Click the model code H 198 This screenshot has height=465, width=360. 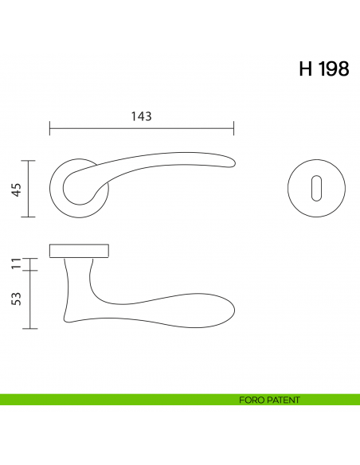point(323,69)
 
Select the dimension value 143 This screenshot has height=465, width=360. point(141,116)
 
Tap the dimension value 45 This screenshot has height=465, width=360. point(15,189)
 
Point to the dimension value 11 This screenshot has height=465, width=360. point(15,264)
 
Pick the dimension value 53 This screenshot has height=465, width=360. point(15,299)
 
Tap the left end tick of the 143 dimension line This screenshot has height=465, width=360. point(49,129)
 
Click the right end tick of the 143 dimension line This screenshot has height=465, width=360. point(233,129)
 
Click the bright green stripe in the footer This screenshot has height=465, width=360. point(119,400)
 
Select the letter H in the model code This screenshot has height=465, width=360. point(304,69)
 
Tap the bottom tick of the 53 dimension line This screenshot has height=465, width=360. point(29,328)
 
